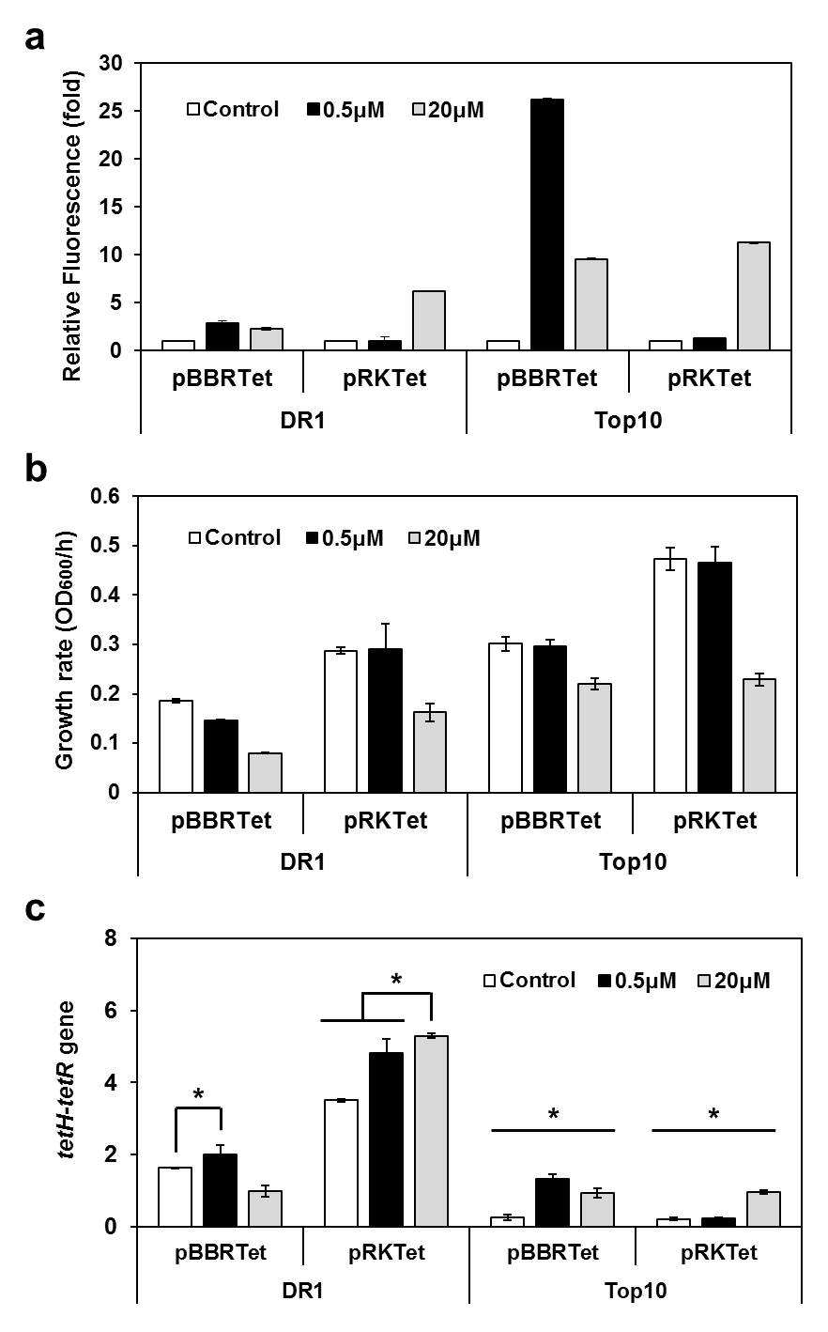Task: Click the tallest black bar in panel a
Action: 547,225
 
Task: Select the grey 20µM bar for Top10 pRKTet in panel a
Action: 754,296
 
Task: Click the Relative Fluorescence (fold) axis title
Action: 72,227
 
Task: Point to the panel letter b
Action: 37,469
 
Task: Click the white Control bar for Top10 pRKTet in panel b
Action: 670,675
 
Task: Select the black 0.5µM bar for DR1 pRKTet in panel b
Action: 385,720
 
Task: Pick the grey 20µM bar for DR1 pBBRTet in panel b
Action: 265,773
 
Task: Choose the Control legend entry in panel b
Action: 235,537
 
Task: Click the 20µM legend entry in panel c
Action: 735,980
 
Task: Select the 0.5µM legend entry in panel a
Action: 346,110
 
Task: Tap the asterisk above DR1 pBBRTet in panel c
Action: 198,1093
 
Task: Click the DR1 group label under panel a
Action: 302,421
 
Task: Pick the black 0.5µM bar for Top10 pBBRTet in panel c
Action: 552,1201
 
